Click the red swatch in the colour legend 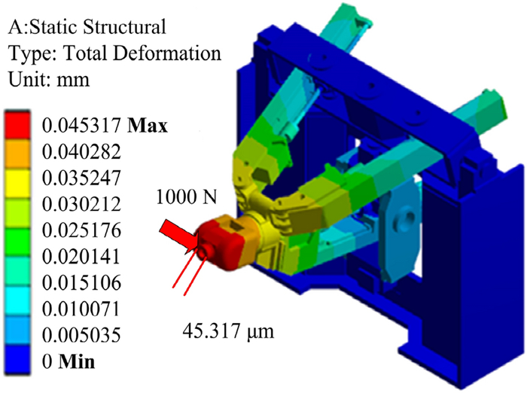(x=17, y=125)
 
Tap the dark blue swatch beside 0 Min (x=17, y=360)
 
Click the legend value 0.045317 (x=81, y=126)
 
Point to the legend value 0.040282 (x=81, y=152)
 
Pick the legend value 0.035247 (x=81, y=178)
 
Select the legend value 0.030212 (x=81, y=204)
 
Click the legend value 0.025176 (x=81, y=230)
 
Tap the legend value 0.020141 (x=81, y=257)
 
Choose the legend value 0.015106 (x=81, y=283)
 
